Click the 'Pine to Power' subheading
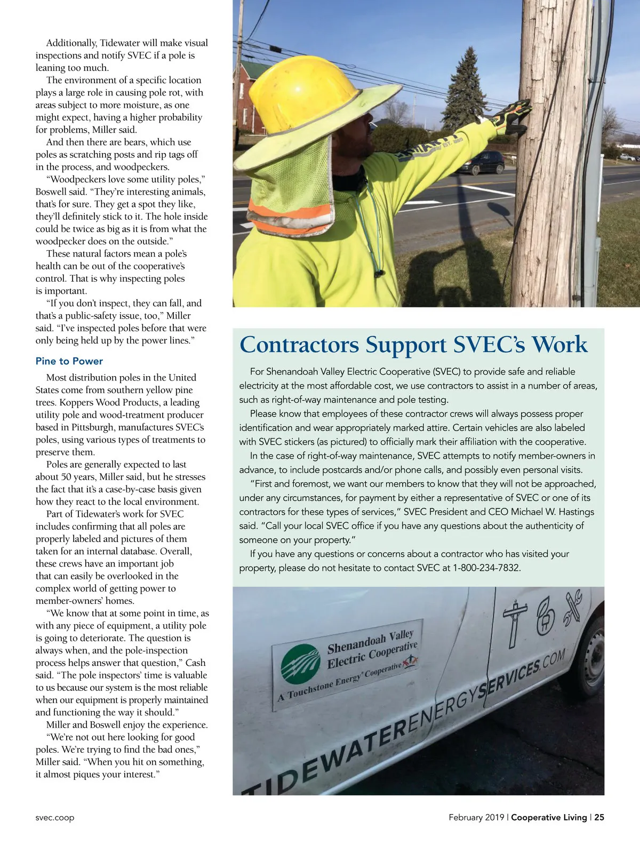coord(69,361)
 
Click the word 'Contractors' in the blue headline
coord(299,345)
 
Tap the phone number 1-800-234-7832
coord(486,568)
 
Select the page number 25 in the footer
coord(599,817)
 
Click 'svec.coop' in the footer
coord(55,817)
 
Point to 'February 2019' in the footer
coord(476,817)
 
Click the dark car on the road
coord(483,162)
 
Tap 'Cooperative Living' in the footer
coord(549,817)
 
